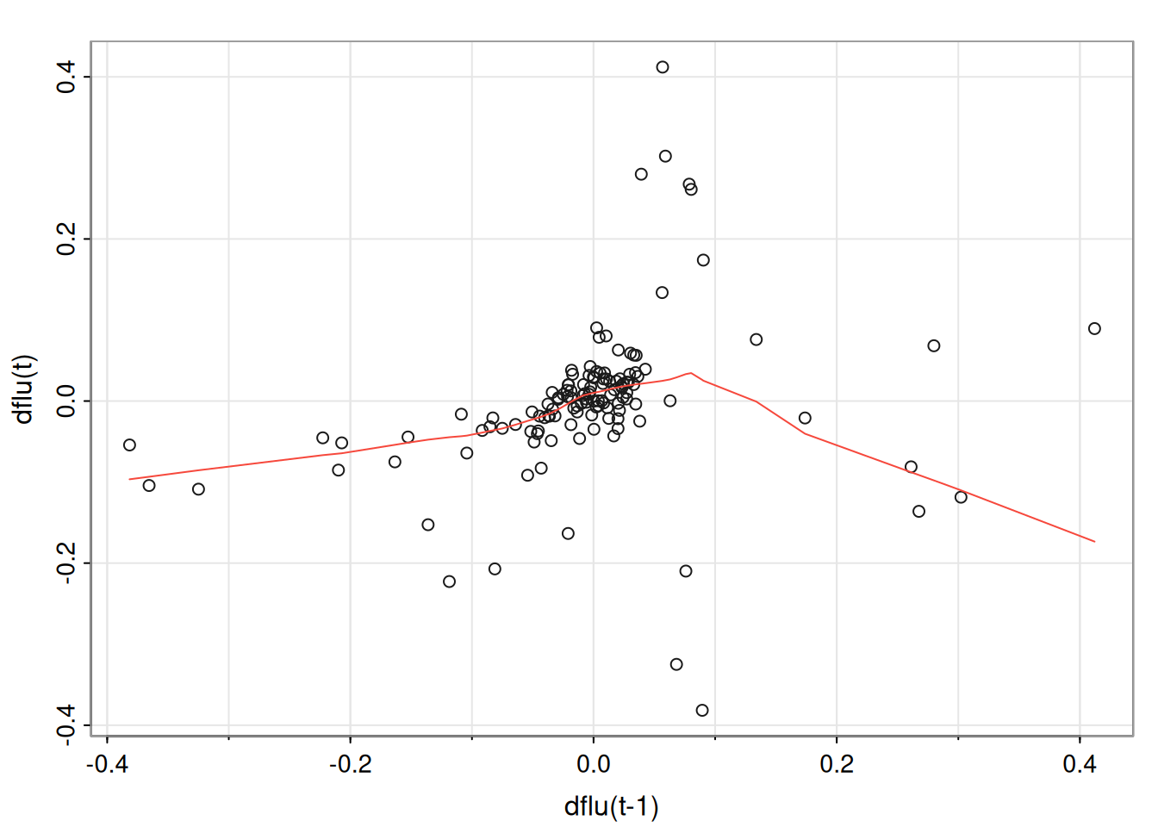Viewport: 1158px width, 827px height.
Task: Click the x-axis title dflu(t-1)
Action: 611,807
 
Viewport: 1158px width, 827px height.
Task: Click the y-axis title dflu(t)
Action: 24,389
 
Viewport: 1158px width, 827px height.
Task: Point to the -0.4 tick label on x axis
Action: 107,764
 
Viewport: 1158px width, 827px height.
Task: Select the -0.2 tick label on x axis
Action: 350,764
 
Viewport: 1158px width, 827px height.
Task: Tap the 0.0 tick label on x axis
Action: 593,764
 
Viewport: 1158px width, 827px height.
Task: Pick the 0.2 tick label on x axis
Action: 837,764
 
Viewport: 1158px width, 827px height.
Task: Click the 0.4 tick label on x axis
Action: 1080,764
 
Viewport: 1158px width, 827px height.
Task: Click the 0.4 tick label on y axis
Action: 67,77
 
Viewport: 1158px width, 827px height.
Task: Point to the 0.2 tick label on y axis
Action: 67,239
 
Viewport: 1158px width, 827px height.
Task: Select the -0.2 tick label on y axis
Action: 67,563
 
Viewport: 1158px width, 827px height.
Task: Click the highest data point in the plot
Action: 663,67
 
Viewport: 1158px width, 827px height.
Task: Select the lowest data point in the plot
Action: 702,711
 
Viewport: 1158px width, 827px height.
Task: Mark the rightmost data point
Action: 1094,328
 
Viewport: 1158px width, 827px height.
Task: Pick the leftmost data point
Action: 129,445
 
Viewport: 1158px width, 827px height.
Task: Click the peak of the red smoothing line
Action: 690,373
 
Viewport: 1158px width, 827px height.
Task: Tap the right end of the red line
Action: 1094,542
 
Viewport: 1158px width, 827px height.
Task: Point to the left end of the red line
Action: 129,479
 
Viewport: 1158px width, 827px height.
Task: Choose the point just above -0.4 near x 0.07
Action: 676,664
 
